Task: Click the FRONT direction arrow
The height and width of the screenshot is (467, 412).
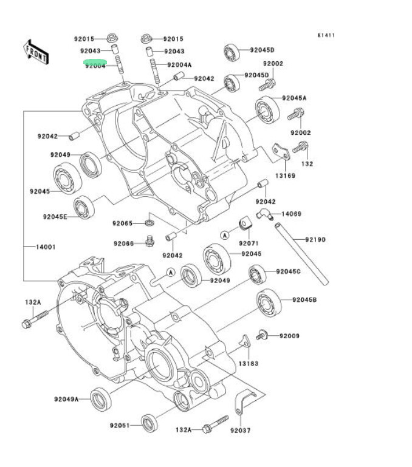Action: (x=36, y=52)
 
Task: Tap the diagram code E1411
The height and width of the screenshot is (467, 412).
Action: (x=326, y=35)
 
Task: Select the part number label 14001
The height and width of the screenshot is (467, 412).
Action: (x=46, y=247)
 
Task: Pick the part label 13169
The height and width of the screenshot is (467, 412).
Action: (x=285, y=176)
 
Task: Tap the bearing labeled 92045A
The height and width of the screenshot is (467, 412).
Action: (x=267, y=109)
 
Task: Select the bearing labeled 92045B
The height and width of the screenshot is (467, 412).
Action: (x=268, y=302)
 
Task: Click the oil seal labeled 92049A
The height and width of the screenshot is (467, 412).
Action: (x=100, y=398)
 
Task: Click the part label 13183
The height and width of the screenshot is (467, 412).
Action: (x=249, y=363)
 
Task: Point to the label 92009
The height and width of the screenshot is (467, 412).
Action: (x=290, y=335)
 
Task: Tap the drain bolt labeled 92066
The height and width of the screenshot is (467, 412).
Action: (x=149, y=243)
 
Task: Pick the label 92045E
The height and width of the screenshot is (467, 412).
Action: (x=55, y=216)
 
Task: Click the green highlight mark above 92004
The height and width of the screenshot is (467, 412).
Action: (x=95, y=62)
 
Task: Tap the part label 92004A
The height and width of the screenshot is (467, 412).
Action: (x=179, y=64)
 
